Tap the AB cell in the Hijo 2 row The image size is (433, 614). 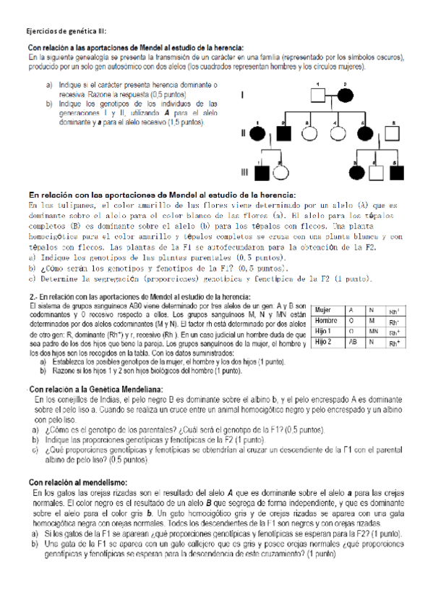click(x=352, y=342)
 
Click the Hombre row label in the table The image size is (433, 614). click(x=326, y=320)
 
